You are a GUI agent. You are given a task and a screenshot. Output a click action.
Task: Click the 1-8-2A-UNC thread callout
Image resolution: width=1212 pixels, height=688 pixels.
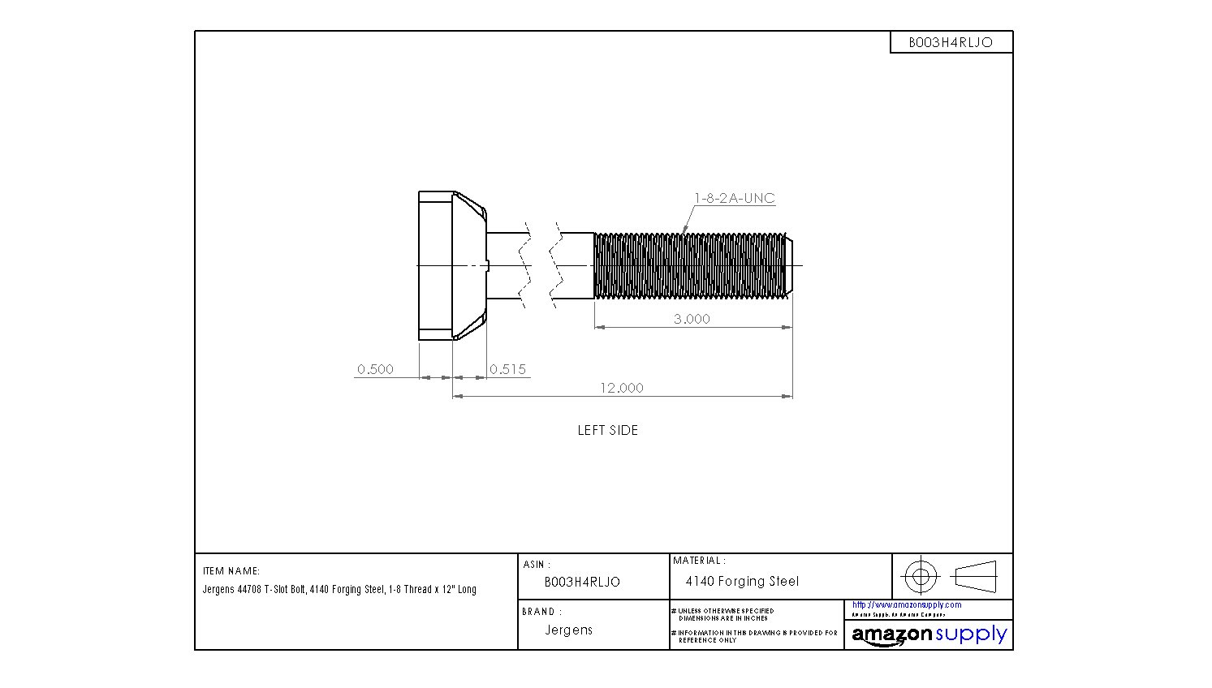[x=734, y=198]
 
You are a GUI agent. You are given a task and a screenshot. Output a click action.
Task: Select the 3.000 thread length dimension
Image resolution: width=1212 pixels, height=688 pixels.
[x=692, y=319]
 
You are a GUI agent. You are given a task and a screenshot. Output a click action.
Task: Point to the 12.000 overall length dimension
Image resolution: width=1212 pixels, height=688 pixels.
[x=621, y=388]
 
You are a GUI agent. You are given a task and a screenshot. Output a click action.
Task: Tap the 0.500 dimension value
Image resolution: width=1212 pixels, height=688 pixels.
[x=375, y=369]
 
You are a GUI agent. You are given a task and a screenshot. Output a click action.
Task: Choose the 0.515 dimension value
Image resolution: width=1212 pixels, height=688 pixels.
[x=508, y=369]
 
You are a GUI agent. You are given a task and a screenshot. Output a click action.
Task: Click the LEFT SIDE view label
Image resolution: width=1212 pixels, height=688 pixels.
[x=607, y=430]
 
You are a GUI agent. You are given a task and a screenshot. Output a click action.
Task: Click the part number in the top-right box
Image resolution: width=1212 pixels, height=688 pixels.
[x=951, y=42]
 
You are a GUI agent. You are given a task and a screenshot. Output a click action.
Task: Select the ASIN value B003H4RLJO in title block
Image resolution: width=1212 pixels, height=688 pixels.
[x=582, y=582]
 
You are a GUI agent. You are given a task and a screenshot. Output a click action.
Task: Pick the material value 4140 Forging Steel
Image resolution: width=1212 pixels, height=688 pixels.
[x=742, y=581]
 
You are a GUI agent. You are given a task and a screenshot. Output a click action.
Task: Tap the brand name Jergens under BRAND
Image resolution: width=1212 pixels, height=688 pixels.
[x=568, y=630]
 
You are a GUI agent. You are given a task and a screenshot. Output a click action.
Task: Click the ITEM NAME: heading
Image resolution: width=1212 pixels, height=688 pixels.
[x=231, y=571]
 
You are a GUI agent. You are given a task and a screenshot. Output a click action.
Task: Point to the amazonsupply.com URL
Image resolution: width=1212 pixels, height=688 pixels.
[x=907, y=604]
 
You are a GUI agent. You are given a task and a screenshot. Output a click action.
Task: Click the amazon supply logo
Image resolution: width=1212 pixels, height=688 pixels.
[x=929, y=634]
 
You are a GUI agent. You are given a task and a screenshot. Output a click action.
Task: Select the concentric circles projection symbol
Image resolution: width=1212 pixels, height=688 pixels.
[x=921, y=577]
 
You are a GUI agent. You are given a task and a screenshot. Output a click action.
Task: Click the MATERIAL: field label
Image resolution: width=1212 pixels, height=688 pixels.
[x=699, y=561]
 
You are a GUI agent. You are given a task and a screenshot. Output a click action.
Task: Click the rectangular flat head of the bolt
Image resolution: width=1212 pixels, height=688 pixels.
[x=435, y=265]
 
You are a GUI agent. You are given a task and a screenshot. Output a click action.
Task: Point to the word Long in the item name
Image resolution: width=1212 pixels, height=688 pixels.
[x=467, y=589]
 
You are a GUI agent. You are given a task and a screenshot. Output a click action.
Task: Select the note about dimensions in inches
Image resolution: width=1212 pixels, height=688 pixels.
[x=725, y=614]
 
